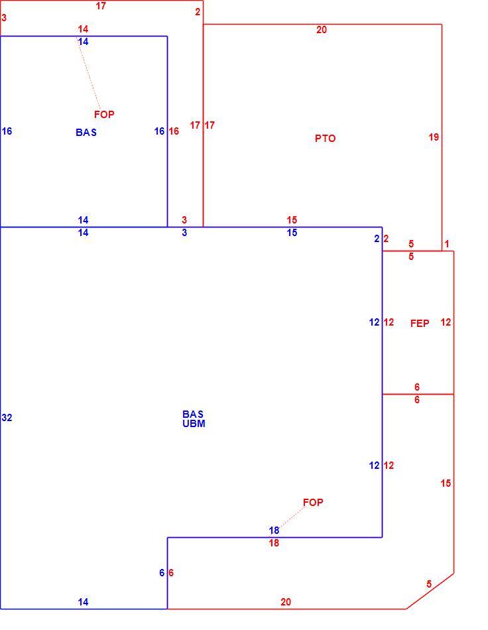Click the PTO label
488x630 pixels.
pos(325,138)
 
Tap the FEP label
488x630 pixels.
pos(420,323)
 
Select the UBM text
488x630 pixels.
pos(194,424)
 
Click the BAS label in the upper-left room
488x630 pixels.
pos(86,132)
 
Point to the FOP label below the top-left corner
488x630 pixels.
pos(104,115)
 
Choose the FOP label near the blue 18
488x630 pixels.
pos(313,502)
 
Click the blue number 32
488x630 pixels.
pos(7,417)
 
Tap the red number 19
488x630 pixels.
pos(434,137)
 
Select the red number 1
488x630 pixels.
pos(447,244)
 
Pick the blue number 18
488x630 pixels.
pos(274,531)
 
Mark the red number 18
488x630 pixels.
pos(274,543)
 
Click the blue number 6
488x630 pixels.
pos(162,572)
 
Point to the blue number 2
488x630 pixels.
pos(377,239)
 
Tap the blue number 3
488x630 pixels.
pos(184,232)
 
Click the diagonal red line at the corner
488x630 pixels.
pos(430,591)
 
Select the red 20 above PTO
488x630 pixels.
pos(322,29)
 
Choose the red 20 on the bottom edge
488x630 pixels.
pos(286,602)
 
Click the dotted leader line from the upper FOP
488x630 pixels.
pos(88,73)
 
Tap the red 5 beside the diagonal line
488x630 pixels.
pos(429,584)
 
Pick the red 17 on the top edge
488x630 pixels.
pos(101,5)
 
